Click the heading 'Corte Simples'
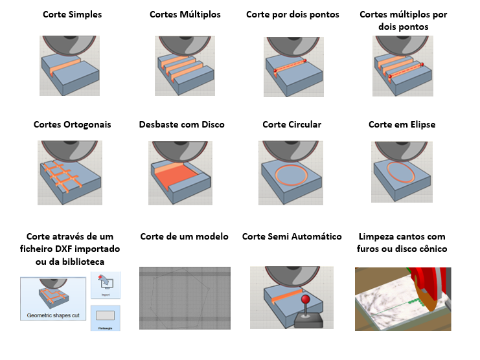[x=73, y=14]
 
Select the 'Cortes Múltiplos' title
[x=185, y=14]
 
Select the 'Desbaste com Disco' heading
[x=182, y=124]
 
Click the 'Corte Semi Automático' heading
[x=291, y=236]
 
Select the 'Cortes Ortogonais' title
[x=73, y=124]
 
